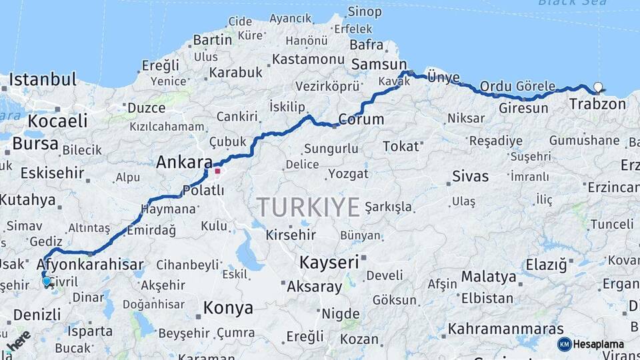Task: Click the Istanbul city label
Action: [43, 80]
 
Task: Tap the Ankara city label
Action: [184, 162]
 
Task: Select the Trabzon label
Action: [598, 104]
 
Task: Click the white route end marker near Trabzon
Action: [597, 87]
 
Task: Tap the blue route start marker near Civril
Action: [47, 282]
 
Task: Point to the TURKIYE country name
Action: [309, 207]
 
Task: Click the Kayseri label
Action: [329, 262]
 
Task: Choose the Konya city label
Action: [228, 308]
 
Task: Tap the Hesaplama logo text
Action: [599, 344]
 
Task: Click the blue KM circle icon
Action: [564, 344]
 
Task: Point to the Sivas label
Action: [470, 177]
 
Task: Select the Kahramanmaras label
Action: [505, 329]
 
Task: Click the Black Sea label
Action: [573, 3]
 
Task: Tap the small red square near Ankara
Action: [217, 171]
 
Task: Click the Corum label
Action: [361, 120]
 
